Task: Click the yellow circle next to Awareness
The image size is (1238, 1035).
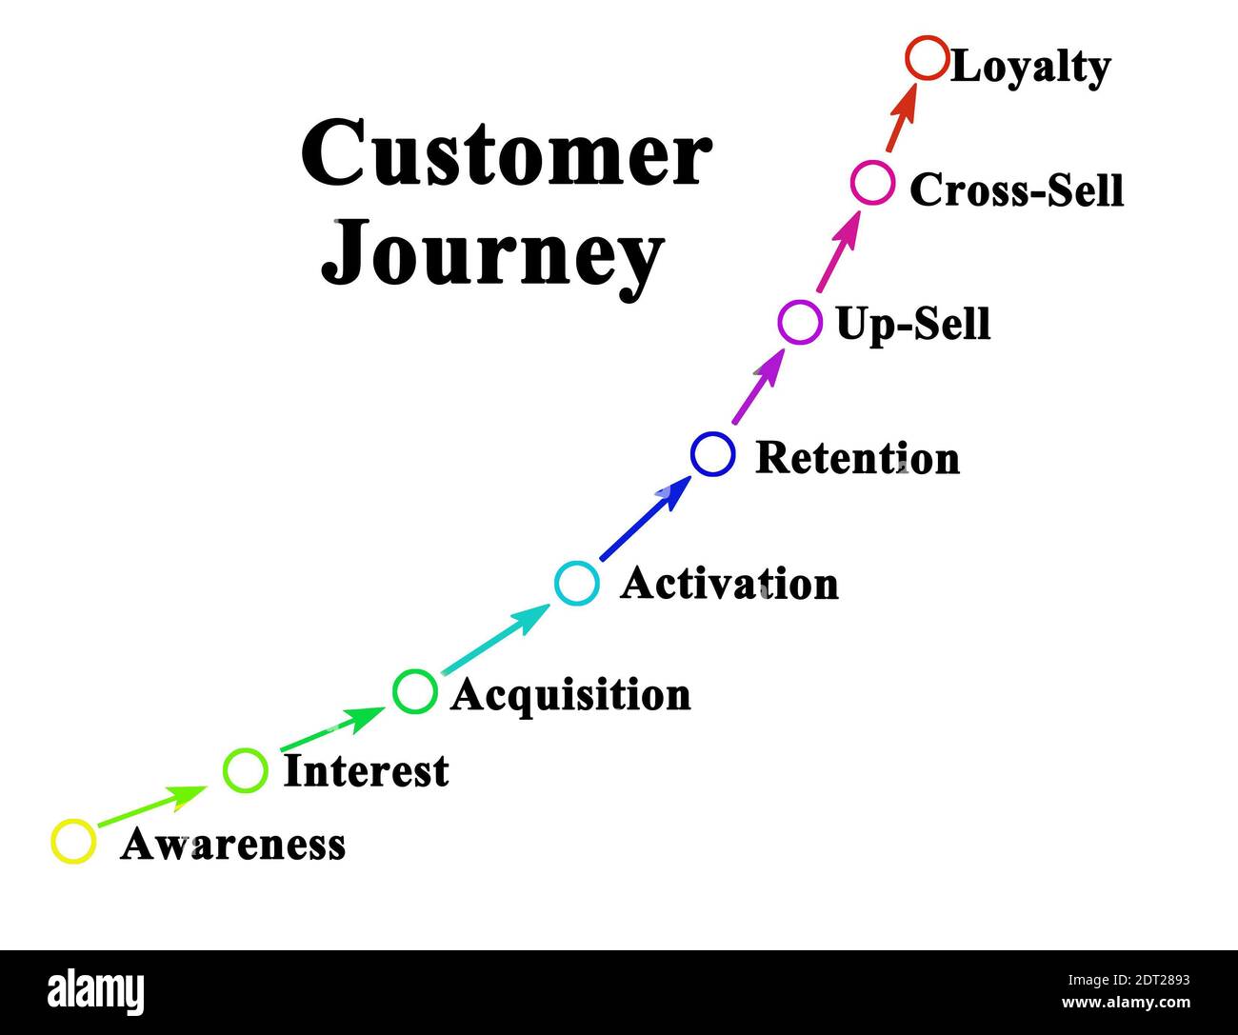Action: click(x=73, y=842)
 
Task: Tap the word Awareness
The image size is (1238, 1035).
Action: click(x=232, y=845)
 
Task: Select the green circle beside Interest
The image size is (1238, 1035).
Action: click(x=245, y=769)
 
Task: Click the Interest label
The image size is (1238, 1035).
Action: click(x=366, y=770)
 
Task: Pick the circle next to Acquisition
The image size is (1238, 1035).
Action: click(x=415, y=691)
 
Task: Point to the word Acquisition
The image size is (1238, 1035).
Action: click(x=570, y=695)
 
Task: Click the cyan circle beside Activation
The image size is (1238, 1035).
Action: click(x=577, y=583)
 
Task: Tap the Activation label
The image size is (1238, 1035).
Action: click(x=729, y=584)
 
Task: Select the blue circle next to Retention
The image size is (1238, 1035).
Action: click(x=712, y=454)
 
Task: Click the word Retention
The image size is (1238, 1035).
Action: click(x=857, y=458)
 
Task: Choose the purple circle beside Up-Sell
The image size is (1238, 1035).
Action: click(x=800, y=322)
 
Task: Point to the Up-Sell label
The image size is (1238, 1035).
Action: click(x=912, y=324)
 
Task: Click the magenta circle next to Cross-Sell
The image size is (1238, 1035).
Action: click(x=872, y=183)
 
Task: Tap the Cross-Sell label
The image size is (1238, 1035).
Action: click(x=1016, y=189)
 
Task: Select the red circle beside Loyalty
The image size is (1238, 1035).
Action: click(x=927, y=58)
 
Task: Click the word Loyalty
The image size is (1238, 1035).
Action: click(x=1030, y=67)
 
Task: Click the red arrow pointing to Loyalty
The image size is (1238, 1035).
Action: click(x=901, y=117)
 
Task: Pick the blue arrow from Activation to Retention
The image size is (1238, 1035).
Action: click(x=646, y=520)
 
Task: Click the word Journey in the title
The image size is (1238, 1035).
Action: click(x=492, y=253)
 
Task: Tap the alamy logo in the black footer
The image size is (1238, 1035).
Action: click(x=96, y=992)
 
